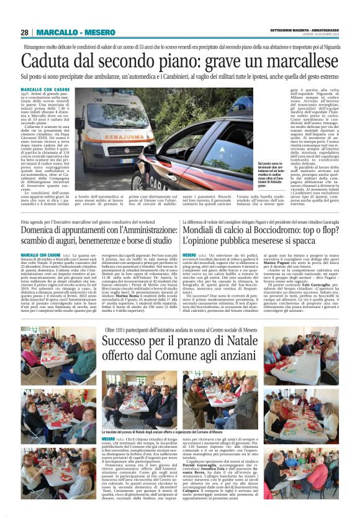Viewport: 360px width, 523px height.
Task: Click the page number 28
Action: [25, 32]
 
